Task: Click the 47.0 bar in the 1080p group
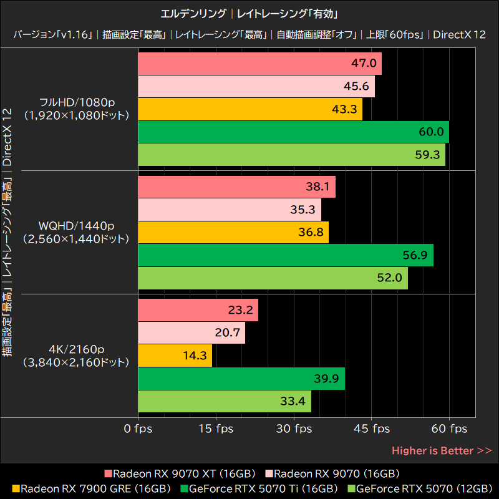(x=259, y=64)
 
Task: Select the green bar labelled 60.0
(x=293, y=132)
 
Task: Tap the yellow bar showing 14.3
(x=175, y=356)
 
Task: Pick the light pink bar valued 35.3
(x=229, y=210)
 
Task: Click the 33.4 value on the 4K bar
(x=293, y=401)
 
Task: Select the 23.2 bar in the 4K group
(x=198, y=310)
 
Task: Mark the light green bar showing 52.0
(x=272, y=278)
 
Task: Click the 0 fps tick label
(x=138, y=429)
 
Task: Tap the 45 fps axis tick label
(x=372, y=429)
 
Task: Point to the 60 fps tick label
(x=450, y=429)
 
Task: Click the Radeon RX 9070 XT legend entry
(x=181, y=473)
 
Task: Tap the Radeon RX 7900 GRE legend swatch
(x=16, y=488)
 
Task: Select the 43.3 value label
(x=344, y=109)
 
